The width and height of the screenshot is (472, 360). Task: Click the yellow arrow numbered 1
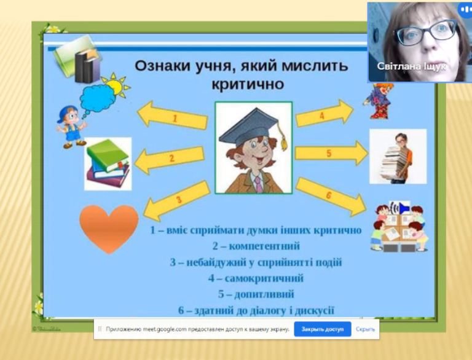pyautogui.click(x=173, y=116)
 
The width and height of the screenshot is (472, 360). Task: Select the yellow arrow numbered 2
pyautogui.click(x=170, y=158)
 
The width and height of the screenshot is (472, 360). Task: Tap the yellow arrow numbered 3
pyautogui.click(x=177, y=201)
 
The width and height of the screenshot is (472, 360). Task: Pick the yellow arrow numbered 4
pyautogui.click(x=324, y=114)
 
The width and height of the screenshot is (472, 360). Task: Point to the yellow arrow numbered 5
pyautogui.click(x=331, y=153)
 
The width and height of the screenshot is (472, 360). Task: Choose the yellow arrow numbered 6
pyautogui.click(x=331, y=197)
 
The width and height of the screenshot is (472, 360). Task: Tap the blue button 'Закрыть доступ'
pyautogui.click(x=323, y=329)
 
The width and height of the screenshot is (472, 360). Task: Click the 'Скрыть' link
pyautogui.click(x=365, y=329)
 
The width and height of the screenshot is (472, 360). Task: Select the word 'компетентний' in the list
pyautogui.click(x=264, y=246)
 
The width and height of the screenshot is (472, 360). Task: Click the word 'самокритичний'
pyautogui.click(x=264, y=278)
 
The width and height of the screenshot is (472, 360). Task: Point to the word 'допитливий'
pyautogui.click(x=264, y=294)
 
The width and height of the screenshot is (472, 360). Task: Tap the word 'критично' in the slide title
pyautogui.click(x=248, y=84)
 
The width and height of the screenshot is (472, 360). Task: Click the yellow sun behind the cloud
pyautogui.click(x=117, y=85)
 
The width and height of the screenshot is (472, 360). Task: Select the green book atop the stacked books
pyautogui.click(x=107, y=154)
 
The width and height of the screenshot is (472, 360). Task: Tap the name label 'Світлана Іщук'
pyautogui.click(x=412, y=66)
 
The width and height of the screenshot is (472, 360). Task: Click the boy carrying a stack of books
pyautogui.click(x=398, y=158)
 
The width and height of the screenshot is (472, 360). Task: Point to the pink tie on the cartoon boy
pyautogui.click(x=259, y=184)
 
